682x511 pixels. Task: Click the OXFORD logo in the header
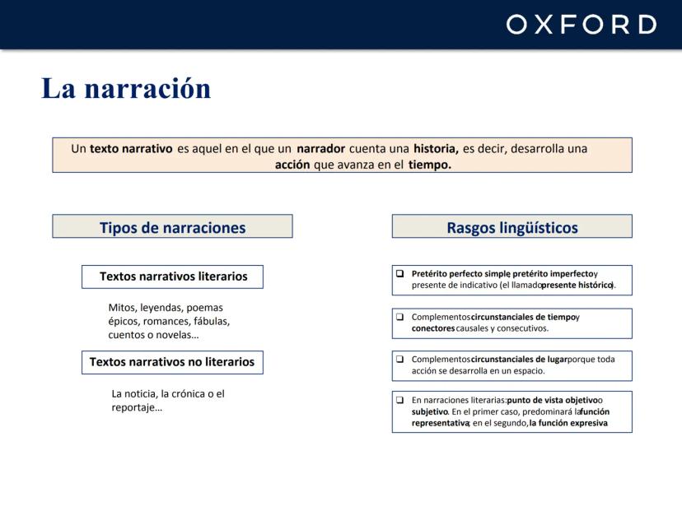click(581, 25)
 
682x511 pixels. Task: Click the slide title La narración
click(126, 88)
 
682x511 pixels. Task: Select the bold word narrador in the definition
click(320, 149)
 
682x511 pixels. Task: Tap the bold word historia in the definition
click(436, 149)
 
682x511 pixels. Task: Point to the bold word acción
click(292, 165)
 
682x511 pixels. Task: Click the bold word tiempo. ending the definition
click(430, 165)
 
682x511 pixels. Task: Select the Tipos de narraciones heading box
click(172, 226)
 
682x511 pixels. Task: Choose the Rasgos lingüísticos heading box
click(512, 226)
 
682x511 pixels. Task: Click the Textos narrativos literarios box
click(172, 276)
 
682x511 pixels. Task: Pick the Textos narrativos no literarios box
click(172, 362)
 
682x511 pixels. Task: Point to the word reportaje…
click(137, 407)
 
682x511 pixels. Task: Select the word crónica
click(188, 393)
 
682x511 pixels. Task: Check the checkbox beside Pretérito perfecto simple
click(399, 273)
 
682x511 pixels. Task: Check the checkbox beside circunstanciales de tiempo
click(399, 317)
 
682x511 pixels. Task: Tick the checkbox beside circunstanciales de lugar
click(399, 359)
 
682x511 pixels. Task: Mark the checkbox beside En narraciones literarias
click(399, 400)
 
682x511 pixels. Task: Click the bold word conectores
click(433, 328)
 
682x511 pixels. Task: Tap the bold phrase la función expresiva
click(568, 423)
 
